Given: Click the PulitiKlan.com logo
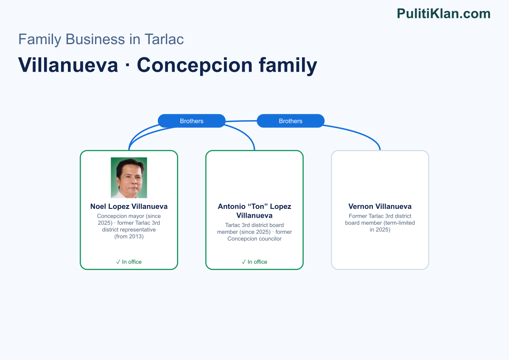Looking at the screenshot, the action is pos(444,14).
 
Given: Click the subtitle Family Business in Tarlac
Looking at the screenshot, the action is pos(101,39).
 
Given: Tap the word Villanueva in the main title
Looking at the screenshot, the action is pos(68,65).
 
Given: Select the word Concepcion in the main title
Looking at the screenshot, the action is pos(195,65).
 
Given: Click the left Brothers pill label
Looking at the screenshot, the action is pos(192,121).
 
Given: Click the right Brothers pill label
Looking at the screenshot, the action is pos(291,121).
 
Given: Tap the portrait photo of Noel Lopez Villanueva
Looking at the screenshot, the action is pos(129,177).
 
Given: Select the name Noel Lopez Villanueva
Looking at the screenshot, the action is pos(129,206).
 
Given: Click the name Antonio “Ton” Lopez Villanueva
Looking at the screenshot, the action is pos(254,211).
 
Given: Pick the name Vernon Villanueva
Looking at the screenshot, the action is pos(380,206).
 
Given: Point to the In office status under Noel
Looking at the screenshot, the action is pos(129,262).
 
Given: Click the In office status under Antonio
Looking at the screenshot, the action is pos(254,262).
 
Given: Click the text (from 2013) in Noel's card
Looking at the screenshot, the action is pos(129,236).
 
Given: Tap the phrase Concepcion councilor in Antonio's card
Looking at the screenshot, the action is pos(254,239).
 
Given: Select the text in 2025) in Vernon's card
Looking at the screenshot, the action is pos(380,230).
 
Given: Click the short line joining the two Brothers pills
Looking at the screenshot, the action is pos(241,121).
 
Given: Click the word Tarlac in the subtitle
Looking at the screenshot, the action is pos(164,39).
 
